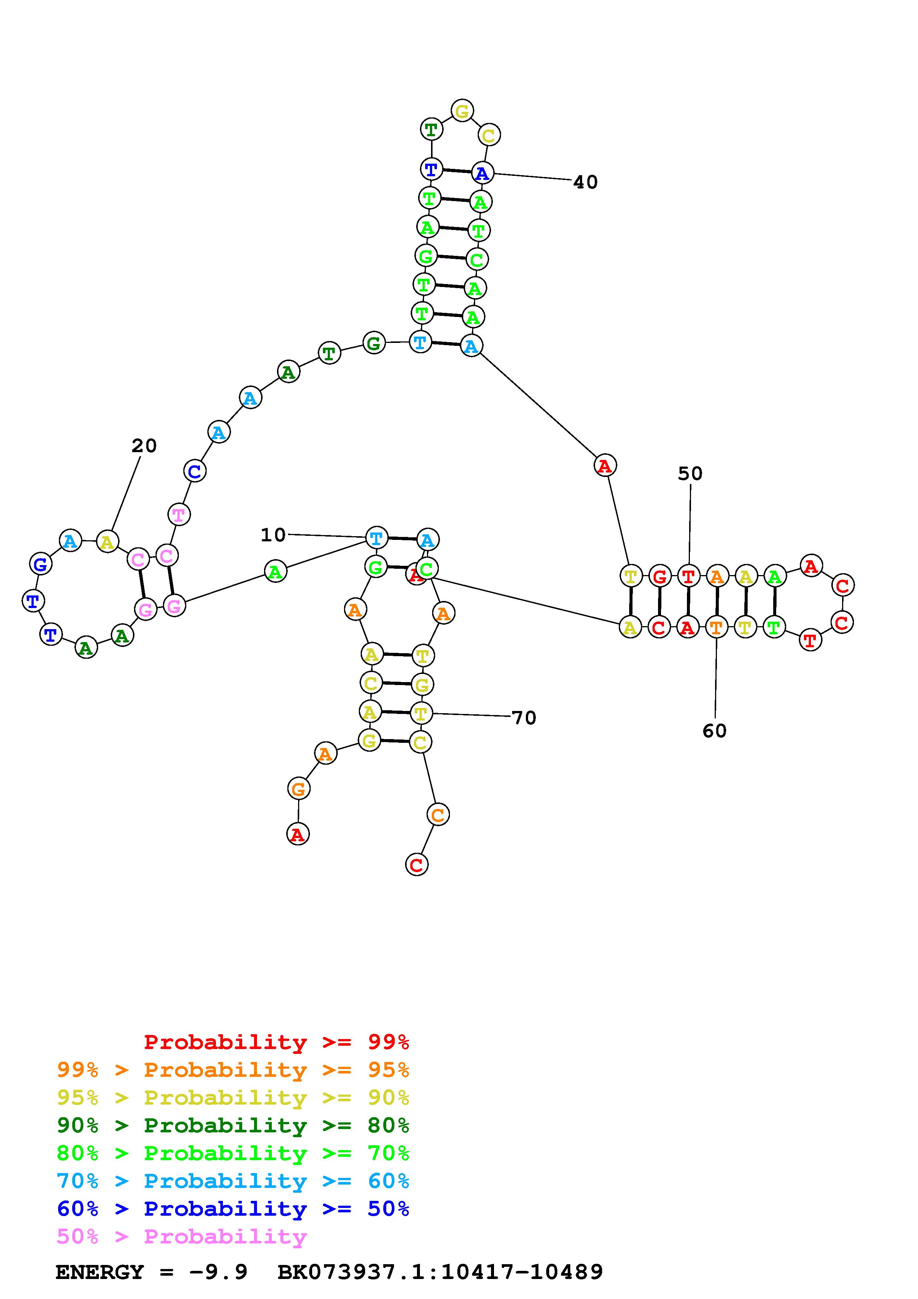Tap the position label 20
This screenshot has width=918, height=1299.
tap(144, 446)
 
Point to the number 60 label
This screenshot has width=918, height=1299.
tap(714, 731)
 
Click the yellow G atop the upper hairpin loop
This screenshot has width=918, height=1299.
tap(462, 111)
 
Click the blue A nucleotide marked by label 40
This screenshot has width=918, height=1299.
tap(482, 173)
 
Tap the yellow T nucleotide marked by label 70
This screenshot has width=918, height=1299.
tap(420, 714)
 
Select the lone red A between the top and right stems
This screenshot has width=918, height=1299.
tap(605, 465)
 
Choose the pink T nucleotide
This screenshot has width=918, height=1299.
tap(179, 515)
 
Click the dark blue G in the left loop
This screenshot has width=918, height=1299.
tap(40, 564)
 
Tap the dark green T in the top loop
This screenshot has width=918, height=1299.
tap(431, 130)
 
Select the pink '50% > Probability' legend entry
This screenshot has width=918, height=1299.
tap(181, 1237)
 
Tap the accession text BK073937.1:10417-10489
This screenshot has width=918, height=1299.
tap(440, 1272)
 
